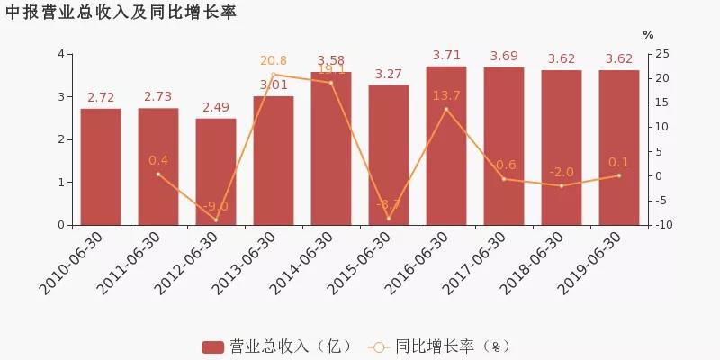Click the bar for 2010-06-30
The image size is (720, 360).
(x=101, y=166)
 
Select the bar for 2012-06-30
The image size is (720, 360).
(x=216, y=172)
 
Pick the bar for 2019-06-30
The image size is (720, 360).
(x=619, y=148)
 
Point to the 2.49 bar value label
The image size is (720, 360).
(x=216, y=108)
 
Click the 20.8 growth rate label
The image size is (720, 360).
(x=274, y=61)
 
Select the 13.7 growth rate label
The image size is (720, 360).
(x=446, y=95)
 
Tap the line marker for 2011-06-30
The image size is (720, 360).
(x=158, y=174)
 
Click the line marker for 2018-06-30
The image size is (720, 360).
(x=562, y=185)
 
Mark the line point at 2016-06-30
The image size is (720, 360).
(x=446, y=109)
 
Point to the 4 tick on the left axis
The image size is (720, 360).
(x=60, y=54)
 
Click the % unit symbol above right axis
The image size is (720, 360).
(x=648, y=35)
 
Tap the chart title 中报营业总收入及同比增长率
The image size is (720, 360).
(x=121, y=13)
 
